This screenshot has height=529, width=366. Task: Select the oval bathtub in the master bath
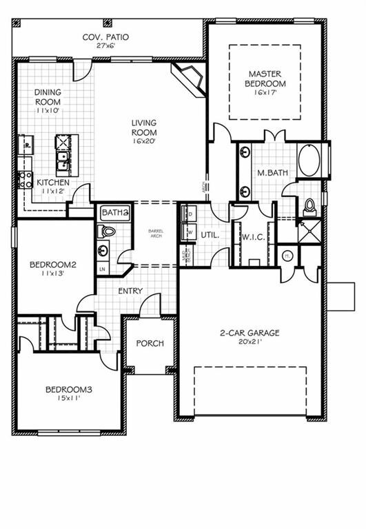click(309, 161)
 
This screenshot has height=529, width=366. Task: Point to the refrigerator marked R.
click(26, 146)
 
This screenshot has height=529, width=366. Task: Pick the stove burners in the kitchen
click(25, 180)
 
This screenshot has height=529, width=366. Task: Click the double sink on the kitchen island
click(63, 161)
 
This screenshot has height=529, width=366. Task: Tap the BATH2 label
click(115, 214)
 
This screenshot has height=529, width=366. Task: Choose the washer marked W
click(188, 233)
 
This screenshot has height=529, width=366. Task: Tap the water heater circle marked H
click(287, 257)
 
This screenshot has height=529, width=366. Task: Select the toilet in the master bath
click(309, 205)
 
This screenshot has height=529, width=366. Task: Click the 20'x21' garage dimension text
click(250, 342)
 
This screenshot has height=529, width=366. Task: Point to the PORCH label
click(150, 343)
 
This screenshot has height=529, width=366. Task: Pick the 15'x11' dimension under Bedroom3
click(68, 399)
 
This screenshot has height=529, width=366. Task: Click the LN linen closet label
click(103, 269)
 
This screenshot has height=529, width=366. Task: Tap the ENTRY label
click(130, 291)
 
